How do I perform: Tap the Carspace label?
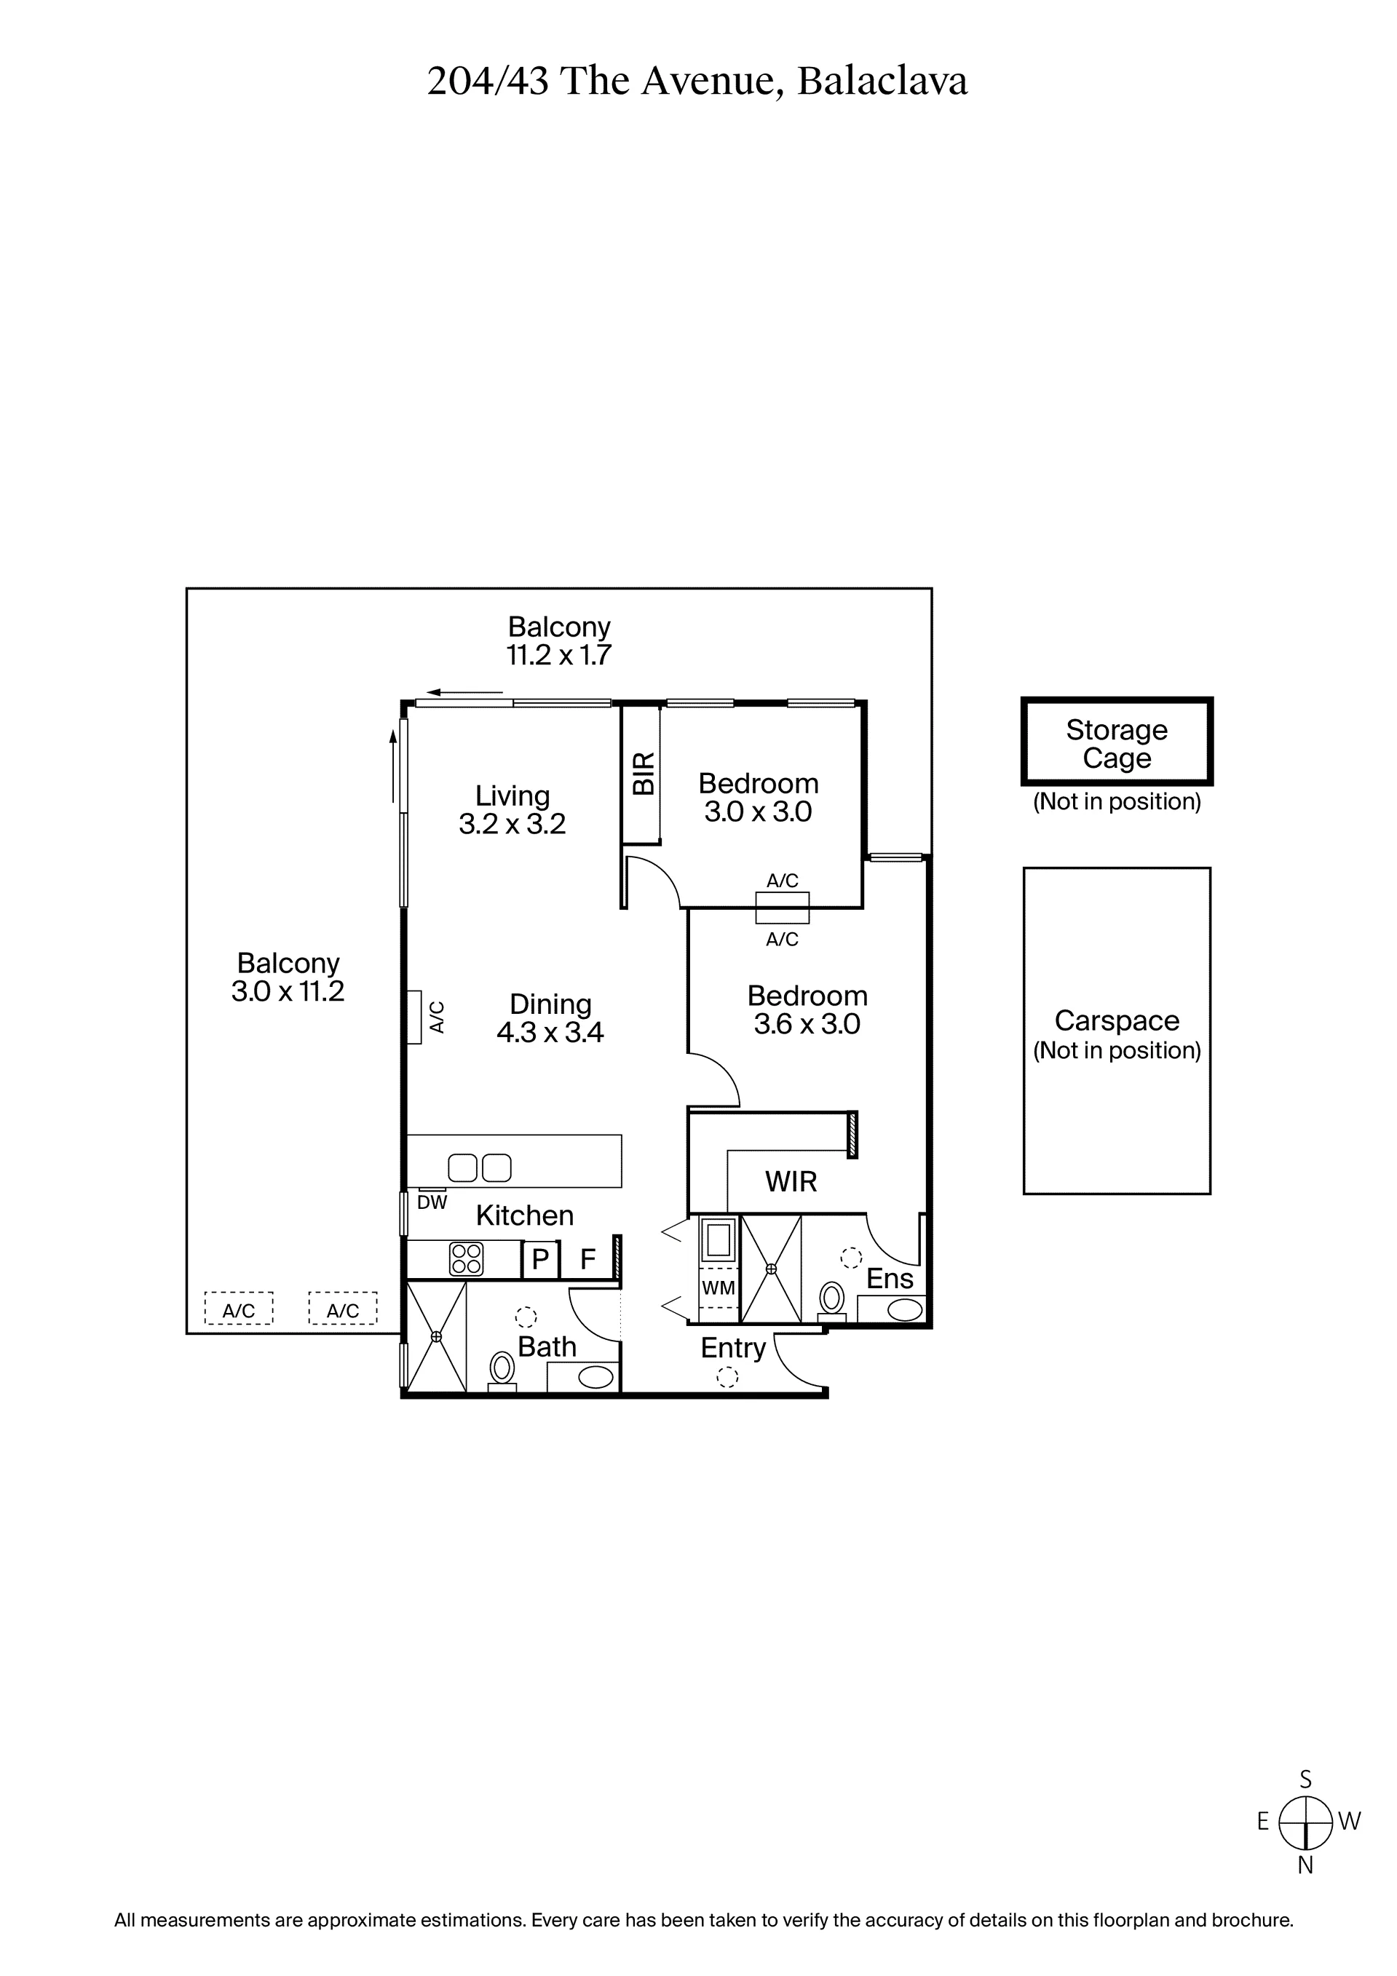point(1117,1020)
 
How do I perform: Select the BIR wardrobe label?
point(644,773)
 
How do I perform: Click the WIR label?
point(791,1182)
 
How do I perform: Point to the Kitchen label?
point(524,1215)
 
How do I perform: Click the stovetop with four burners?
point(467,1259)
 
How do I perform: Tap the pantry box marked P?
point(541,1259)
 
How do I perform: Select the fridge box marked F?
point(588,1259)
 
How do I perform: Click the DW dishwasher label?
point(432,1202)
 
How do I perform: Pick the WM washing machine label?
point(719,1288)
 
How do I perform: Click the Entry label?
point(732,1349)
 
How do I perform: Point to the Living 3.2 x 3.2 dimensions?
point(513,825)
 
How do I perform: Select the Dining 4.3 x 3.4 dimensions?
point(550,1032)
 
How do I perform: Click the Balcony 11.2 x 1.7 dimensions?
point(558,655)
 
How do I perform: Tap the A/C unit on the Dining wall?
point(414,1017)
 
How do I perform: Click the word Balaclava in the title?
point(882,82)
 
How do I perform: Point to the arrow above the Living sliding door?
point(464,692)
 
